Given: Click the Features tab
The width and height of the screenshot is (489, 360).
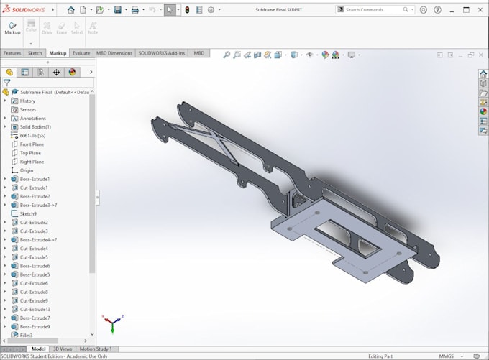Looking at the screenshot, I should pos(12,53).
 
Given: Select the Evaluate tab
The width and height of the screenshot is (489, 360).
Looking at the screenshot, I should pos(81,53).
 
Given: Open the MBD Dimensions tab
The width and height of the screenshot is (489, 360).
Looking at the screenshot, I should pos(114,53).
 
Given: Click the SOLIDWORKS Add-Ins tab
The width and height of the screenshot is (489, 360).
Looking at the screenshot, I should pos(162,53).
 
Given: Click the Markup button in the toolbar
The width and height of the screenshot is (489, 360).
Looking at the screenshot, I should pos(12,28).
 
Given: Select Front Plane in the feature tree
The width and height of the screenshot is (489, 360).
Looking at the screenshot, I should pos(32,144).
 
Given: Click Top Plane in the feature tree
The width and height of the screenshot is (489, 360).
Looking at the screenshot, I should pos(30,153).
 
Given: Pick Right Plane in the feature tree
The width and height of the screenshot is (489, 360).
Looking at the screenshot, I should pos(32,162).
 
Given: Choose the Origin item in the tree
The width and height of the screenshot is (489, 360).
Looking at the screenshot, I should pos(27,170).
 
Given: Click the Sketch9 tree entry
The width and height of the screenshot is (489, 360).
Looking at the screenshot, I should pos(28,213).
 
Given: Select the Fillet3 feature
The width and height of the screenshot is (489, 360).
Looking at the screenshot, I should pos(26,335).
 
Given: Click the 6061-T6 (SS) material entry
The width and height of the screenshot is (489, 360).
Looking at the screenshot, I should pos(32,136).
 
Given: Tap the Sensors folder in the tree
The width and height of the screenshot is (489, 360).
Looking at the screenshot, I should pos(28,110).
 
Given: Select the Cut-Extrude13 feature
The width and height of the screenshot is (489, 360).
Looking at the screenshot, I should pos(35,309).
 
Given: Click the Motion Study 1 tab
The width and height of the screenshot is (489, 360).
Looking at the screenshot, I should pos(95,349).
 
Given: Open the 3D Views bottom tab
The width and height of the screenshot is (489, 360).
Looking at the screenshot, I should pos(63,349).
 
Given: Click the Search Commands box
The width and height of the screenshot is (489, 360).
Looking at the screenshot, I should pos(373,10).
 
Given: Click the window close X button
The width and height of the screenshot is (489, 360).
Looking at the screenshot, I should pos(480,10).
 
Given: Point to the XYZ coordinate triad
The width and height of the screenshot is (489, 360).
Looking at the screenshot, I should pos(111,323).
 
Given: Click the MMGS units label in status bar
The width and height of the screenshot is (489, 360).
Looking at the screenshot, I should pos(447,356).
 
